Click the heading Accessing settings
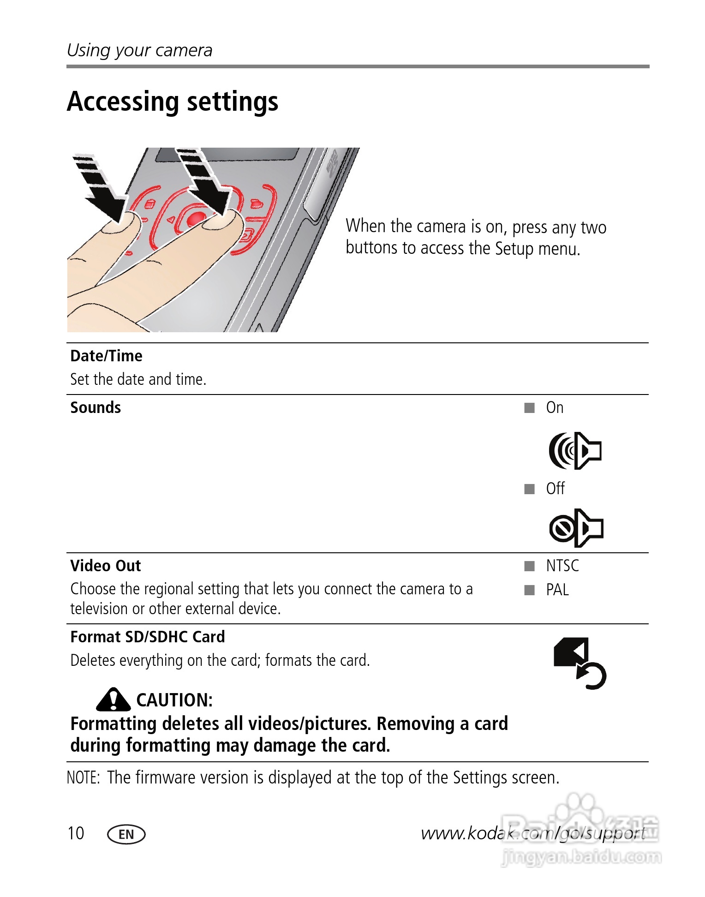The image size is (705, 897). [173, 102]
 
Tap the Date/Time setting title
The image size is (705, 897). [106, 356]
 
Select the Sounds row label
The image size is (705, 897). [96, 407]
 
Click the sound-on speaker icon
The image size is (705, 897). [575, 451]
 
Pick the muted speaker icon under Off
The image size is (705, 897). [576, 528]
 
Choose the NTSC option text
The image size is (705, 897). [562, 566]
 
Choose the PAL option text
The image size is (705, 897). [557, 590]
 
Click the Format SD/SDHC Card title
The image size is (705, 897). [148, 637]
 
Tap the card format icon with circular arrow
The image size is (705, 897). [579, 663]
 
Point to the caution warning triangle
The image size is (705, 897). [113, 700]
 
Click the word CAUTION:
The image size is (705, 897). [174, 700]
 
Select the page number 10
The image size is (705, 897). [76, 833]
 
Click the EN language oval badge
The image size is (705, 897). [126, 834]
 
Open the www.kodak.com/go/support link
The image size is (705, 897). [533, 833]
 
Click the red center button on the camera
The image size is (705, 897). [197, 218]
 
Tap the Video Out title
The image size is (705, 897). [106, 566]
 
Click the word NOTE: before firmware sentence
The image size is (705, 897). [84, 777]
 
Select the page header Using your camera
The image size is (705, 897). [139, 50]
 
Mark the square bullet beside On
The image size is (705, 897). [529, 408]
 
